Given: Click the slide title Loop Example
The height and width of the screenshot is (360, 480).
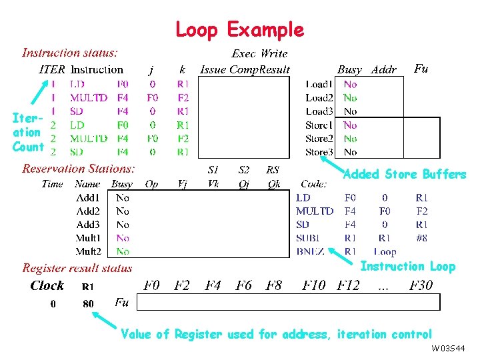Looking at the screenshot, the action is click(x=239, y=30).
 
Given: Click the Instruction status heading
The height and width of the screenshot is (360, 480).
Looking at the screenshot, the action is click(x=70, y=52).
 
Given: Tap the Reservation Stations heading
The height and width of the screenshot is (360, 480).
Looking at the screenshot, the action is click(x=79, y=169).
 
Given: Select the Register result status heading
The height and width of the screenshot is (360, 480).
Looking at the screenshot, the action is click(x=77, y=268).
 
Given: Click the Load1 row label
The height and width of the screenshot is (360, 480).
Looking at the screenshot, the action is click(x=319, y=85).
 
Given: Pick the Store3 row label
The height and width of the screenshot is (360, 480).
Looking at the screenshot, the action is click(x=319, y=152).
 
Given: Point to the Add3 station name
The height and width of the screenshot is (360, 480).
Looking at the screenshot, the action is click(x=88, y=225).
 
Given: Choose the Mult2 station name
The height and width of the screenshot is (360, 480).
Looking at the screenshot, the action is click(x=88, y=251).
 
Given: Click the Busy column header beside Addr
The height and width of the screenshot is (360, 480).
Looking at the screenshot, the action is click(x=349, y=69).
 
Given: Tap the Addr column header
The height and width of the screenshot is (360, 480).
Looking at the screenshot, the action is click(x=383, y=69).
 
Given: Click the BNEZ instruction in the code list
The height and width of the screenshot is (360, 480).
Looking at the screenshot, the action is click(x=310, y=251).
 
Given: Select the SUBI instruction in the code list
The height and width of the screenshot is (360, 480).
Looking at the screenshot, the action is click(x=310, y=238).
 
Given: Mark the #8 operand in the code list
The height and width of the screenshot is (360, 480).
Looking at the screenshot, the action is click(x=421, y=238).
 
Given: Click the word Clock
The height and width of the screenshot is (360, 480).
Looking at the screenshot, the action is click(x=47, y=286).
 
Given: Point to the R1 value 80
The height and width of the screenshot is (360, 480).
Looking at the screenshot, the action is click(x=87, y=304).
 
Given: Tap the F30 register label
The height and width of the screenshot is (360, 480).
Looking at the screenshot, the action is click(x=421, y=286).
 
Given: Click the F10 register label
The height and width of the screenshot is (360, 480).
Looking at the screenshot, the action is click(x=313, y=286).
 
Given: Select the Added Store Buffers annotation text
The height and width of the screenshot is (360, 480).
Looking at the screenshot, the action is click(x=404, y=175).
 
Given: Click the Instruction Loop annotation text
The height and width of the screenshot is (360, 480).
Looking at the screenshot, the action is click(x=407, y=267).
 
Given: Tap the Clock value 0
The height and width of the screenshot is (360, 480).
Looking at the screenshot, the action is click(x=54, y=304).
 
